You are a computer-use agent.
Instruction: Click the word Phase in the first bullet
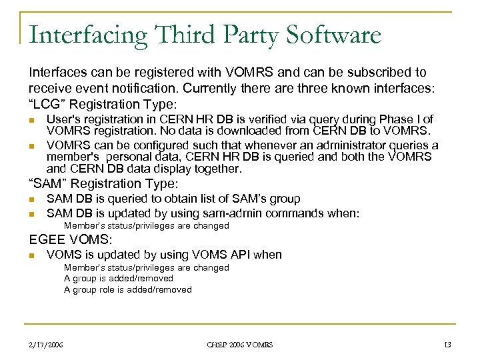pos(394,119)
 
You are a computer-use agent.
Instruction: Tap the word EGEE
pos(45,239)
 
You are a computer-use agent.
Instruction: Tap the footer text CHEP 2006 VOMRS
pos(239,344)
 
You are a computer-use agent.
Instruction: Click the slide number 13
pos(447,344)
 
